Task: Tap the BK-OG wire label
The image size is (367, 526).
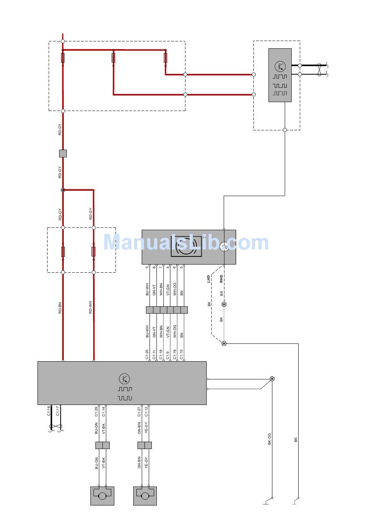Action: tap(270, 439)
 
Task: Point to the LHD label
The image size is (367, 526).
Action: tap(209, 279)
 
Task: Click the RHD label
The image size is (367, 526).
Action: tap(221, 279)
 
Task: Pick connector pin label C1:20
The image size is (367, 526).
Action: tap(147, 355)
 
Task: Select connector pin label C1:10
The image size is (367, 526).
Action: tap(182, 355)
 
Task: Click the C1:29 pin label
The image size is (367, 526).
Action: tap(96, 412)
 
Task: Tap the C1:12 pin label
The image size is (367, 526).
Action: tap(146, 412)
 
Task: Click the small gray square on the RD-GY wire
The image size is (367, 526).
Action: tap(63, 154)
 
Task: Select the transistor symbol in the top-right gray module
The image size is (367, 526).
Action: tap(280, 66)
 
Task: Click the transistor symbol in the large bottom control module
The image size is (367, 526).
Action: tap(124, 379)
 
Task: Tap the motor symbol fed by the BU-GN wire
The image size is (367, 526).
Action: tap(102, 496)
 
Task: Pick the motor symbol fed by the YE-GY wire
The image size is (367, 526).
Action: tap(145, 496)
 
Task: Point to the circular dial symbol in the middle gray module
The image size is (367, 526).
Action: tap(186, 248)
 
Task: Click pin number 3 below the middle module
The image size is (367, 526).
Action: tap(147, 267)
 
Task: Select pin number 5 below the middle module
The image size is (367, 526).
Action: tap(182, 267)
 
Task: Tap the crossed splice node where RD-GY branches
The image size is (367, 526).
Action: tap(63, 190)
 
